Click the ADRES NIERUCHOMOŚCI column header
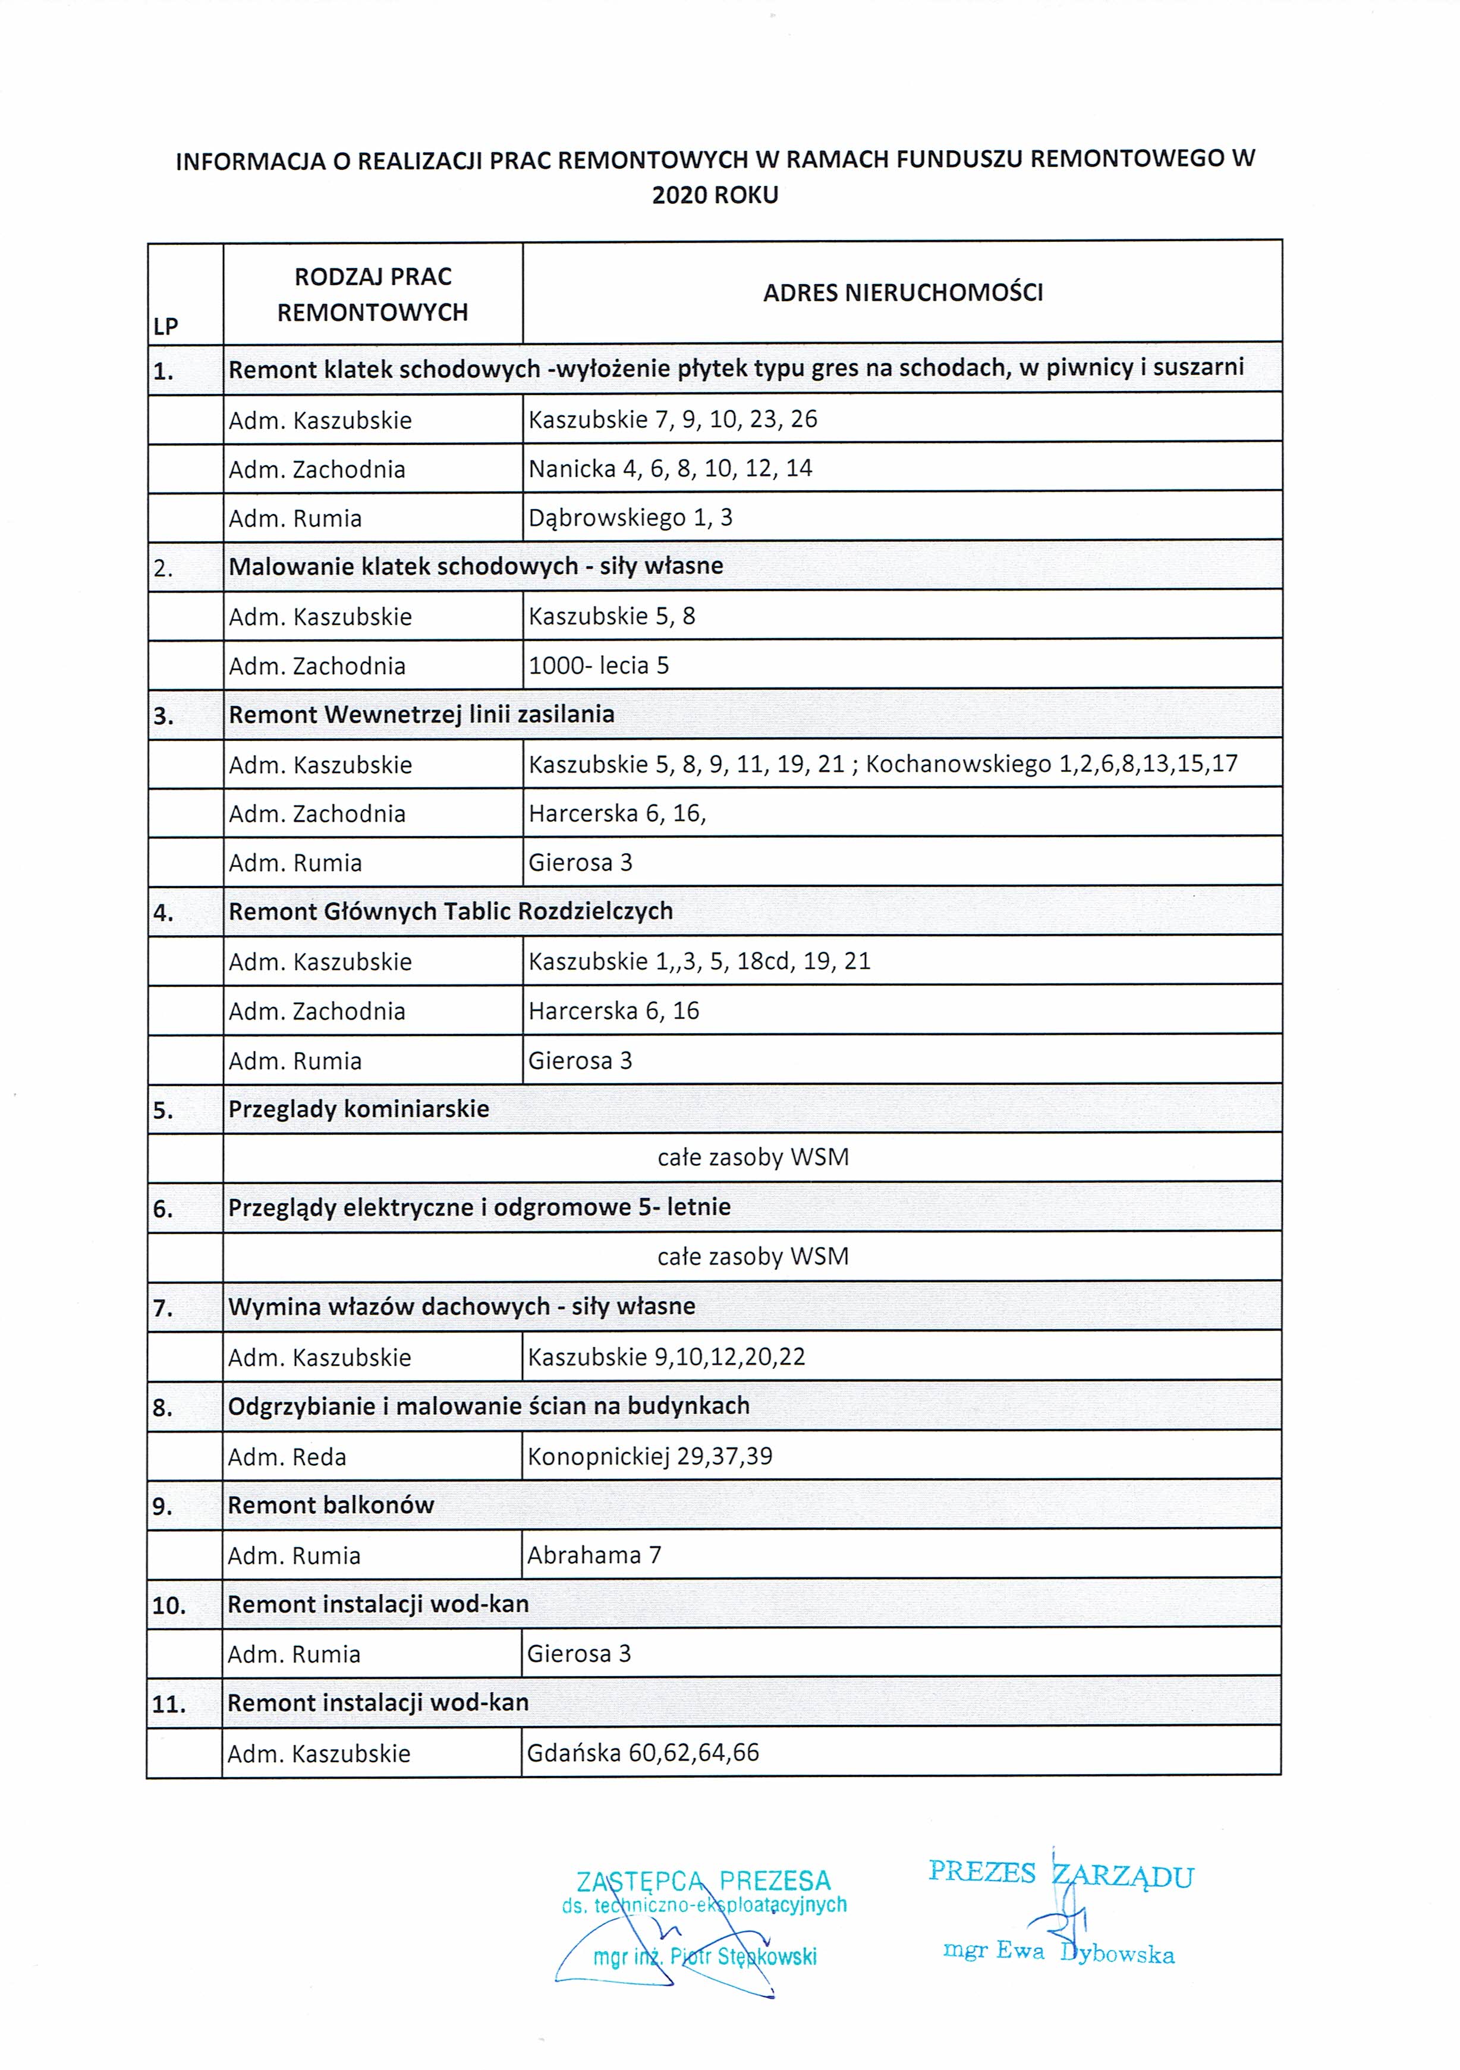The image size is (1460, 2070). coord(903,292)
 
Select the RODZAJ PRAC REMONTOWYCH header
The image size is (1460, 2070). coord(373,294)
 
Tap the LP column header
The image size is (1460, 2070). coord(166,326)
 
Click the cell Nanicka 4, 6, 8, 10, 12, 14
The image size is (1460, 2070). coord(670,469)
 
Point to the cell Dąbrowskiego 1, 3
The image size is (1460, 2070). coord(630,517)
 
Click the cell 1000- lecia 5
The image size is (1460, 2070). coord(599,665)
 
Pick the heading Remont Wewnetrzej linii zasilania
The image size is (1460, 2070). coord(421,715)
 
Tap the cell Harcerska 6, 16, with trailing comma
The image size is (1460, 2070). coord(617,813)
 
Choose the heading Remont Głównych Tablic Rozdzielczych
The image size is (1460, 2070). coord(451,911)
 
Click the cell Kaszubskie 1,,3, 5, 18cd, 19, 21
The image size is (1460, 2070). coord(700,961)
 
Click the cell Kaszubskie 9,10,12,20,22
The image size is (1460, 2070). coord(666,1357)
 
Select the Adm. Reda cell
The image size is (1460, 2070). coord(287,1457)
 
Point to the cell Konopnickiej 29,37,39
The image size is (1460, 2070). coord(650,1456)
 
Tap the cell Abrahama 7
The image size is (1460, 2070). coord(594,1555)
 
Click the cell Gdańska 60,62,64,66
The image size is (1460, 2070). coord(643,1753)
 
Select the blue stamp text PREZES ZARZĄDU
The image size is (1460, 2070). coord(1061,1873)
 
